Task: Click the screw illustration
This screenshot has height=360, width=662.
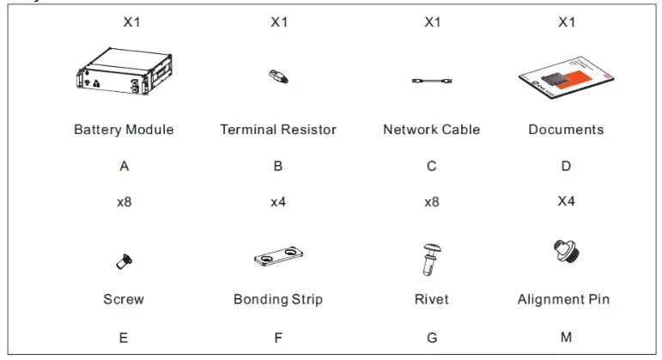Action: (x=124, y=257)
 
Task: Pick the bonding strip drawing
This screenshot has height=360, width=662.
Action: (x=278, y=257)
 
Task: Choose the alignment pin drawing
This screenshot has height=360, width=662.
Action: (x=564, y=253)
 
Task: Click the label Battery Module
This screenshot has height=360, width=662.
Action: (x=124, y=130)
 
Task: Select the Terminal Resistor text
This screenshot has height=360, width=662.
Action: (x=278, y=130)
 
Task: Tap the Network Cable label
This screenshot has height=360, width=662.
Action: (x=431, y=130)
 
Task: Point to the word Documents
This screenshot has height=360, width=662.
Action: (x=566, y=130)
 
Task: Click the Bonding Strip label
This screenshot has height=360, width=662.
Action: (x=278, y=300)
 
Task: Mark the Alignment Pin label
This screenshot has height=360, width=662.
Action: (x=563, y=300)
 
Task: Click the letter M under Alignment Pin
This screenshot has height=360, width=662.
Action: (x=566, y=337)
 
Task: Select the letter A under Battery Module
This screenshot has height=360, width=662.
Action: (x=125, y=167)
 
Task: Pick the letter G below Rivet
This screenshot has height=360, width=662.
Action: (x=431, y=337)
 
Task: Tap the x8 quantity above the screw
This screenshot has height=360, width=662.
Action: (x=124, y=203)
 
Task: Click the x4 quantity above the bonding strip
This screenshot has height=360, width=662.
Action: (x=278, y=203)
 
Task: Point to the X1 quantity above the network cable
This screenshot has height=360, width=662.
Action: (x=432, y=22)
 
